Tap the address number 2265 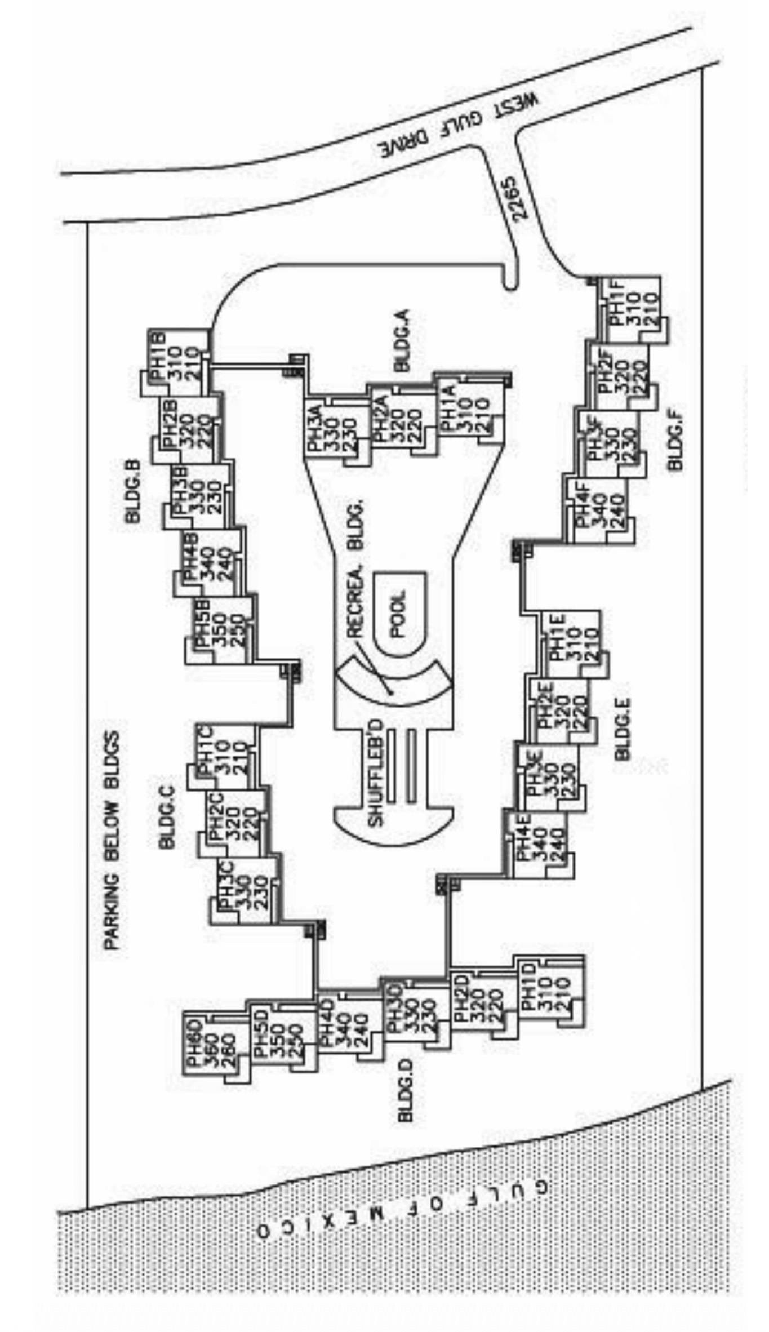pos(515,198)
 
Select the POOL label pos(398,614)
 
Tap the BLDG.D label pos(406,1090)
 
